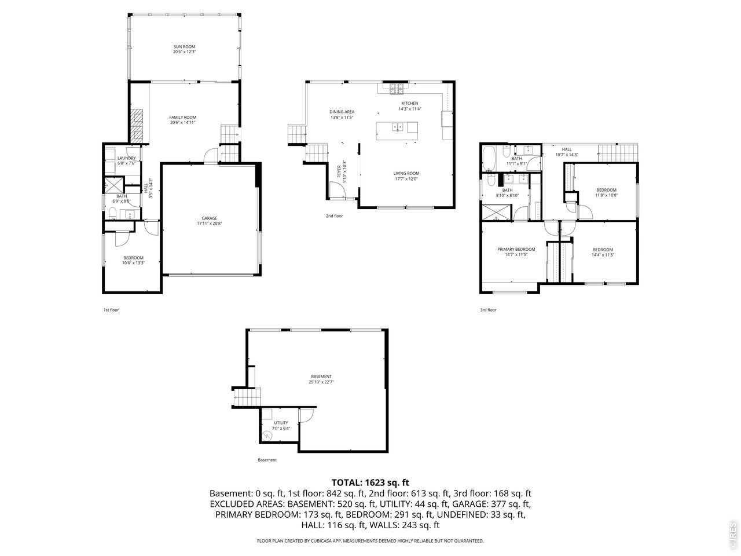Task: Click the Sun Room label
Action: click(x=184, y=46)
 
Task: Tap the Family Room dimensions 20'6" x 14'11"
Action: click(x=182, y=123)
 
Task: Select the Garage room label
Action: click(x=210, y=218)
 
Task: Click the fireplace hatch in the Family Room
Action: click(x=137, y=126)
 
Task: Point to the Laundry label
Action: click(x=127, y=158)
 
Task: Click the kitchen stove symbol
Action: click(x=396, y=89)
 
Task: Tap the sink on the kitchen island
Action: click(x=397, y=127)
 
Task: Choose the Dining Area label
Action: click(x=342, y=112)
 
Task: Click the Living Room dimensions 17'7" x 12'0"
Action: click(x=406, y=179)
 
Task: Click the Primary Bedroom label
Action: click(x=516, y=250)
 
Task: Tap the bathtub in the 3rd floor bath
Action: click(x=489, y=158)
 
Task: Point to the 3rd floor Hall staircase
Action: click(x=618, y=153)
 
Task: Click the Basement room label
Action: click(x=321, y=376)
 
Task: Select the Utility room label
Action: click(x=281, y=423)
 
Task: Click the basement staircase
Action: click(x=247, y=397)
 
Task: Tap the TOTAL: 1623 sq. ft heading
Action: click(x=370, y=482)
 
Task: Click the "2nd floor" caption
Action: click(x=334, y=216)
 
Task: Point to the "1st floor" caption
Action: click(x=111, y=310)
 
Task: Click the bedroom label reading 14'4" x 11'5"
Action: click(x=603, y=255)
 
